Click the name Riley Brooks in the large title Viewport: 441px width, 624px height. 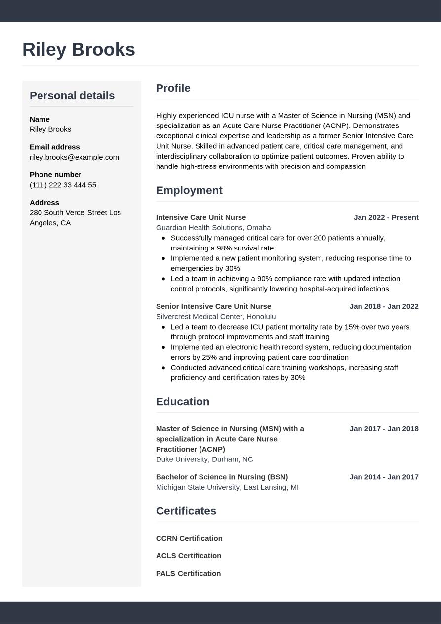click(79, 50)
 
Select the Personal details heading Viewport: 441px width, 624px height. click(72, 96)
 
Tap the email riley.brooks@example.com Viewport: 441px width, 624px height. click(74, 157)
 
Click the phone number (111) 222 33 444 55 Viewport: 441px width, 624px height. click(63, 185)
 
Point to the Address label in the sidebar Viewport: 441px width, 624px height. click(44, 203)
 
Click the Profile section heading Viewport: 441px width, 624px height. click(173, 88)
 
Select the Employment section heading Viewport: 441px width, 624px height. click(189, 190)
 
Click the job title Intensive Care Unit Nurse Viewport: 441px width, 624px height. click(201, 217)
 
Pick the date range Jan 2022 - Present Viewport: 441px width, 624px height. click(386, 217)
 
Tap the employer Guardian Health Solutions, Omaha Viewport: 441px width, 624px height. click(213, 228)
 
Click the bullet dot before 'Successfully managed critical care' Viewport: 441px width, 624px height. click(163, 238)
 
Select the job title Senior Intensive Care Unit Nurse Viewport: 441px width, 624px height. click(213, 306)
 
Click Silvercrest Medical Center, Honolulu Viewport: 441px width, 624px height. click(216, 317)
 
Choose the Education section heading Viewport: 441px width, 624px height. click(183, 402)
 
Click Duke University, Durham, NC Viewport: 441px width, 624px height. click(204, 459)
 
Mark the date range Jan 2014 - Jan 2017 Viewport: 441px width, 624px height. click(384, 477)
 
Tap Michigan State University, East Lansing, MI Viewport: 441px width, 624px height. click(227, 487)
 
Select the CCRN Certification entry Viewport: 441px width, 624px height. click(189, 538)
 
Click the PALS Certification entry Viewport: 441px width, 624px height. click(188, 574)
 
